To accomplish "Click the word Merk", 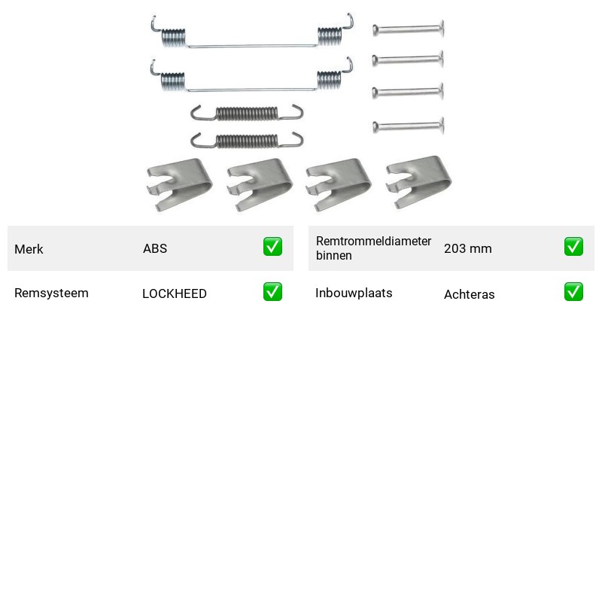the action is coord(29,249).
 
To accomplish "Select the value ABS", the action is coord(155,248).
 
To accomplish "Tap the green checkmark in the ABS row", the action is coord(272,247).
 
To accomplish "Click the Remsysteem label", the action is coord(51,293).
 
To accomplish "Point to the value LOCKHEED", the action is coord(175,293).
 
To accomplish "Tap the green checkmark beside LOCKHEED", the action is coord(272,292).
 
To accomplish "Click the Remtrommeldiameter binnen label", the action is coord(373,248).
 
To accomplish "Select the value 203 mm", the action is coord(467,248).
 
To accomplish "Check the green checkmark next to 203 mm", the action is coord(573,247).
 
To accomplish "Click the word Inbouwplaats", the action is coord(354,293).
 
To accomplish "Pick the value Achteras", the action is coord(469,294).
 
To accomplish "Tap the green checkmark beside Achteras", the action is coord(573,292).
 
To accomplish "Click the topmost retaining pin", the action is coord(409,29).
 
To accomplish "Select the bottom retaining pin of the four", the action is coord(409,126).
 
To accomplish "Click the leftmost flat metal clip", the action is coord(180,184).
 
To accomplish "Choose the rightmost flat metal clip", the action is coord(419,181).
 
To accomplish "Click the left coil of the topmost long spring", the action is coord(174,38).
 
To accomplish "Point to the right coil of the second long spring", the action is coord(329,81).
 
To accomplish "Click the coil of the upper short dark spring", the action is coord(247,114).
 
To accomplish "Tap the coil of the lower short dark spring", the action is coord(247,141).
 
